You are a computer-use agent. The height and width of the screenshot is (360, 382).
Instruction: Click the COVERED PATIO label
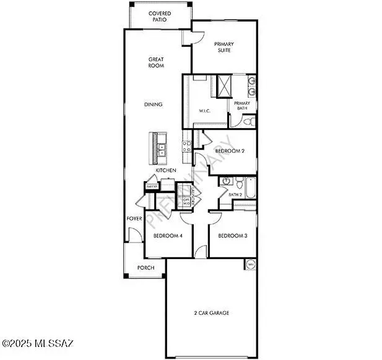click(x=160, y=17)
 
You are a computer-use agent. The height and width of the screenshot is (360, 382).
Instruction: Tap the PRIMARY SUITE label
click(x=224, y=48)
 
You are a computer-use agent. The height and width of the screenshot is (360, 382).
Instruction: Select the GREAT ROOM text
click(x=156, y=62)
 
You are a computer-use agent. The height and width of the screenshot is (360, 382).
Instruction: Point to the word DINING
click(x=154, y=105)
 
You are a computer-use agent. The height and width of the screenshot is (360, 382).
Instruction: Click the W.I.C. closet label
click(x=206, y=111)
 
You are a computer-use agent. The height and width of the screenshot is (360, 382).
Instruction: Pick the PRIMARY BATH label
click(x=242, y=106)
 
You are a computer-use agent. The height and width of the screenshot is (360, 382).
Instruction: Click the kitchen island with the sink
click(x=158, y=148)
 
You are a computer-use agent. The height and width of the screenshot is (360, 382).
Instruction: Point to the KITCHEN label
click(x=166, y=171)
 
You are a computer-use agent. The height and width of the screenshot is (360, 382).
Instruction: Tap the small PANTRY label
click(x=150, y=185)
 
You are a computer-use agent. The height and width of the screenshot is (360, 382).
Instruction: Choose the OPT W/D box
click(x=186, y=200)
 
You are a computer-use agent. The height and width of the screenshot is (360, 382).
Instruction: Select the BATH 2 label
click(x=235, y=195)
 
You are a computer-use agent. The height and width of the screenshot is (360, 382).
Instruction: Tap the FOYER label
click(x=134, y=218)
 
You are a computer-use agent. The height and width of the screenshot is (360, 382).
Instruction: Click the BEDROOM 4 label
click(x=167, y=236)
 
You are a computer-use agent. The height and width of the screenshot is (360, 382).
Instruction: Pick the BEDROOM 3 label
click(x=232, y=236)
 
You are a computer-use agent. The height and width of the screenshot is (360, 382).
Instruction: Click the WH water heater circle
click(x=251, y=265)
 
